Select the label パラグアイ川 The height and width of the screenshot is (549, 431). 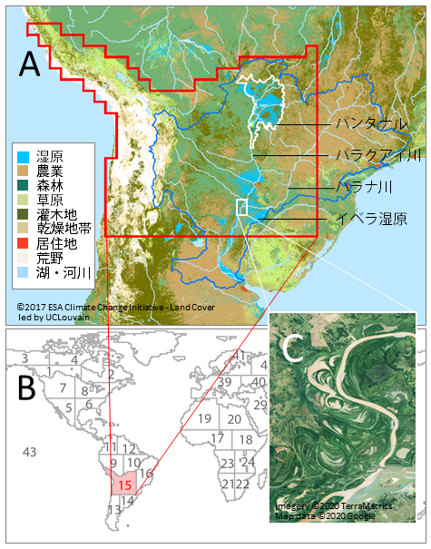(378, 155)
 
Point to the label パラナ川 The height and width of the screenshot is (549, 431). (365, 187)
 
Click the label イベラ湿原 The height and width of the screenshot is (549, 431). (371, 219)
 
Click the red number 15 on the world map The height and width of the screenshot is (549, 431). (125, 485)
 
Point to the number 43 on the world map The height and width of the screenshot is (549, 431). (30, 452)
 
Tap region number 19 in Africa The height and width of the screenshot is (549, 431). (205, 418)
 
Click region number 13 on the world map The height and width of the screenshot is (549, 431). (113, 509)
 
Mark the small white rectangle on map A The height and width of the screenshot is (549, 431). (241, 207)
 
